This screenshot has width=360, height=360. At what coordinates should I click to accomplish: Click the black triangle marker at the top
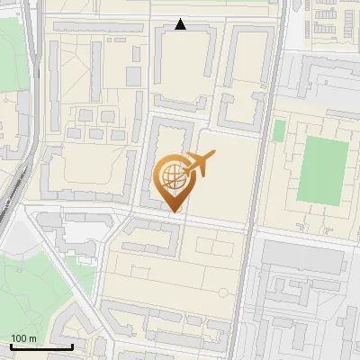(x=181, y=24)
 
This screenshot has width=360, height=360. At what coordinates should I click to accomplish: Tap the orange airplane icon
(x=199, y=164)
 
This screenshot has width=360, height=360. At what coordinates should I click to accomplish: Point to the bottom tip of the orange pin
(x=174, y=211)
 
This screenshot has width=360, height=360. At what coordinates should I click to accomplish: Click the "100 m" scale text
(x=23, y=337)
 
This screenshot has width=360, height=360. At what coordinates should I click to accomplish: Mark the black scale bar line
(x=40, y=346)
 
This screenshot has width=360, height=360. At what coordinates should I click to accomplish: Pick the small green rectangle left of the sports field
(x=279, y=130)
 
